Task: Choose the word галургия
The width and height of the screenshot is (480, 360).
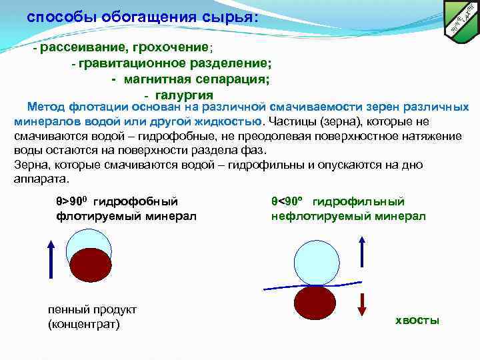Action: pyautogui.click(x=186, y=95)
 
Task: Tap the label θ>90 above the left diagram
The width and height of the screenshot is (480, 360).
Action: pyautogui.click(x=70, y=201)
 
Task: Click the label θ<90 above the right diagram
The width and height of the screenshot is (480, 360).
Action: pyautogui.click(x=288, y=201)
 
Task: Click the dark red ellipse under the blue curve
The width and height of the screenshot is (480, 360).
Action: pyautogui.click(x=317, y=303)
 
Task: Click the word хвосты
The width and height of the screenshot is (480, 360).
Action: pyautogui.click(x=417, y=321)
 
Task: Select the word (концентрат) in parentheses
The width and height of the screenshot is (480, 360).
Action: pyautogui.click(x=83, y=325)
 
